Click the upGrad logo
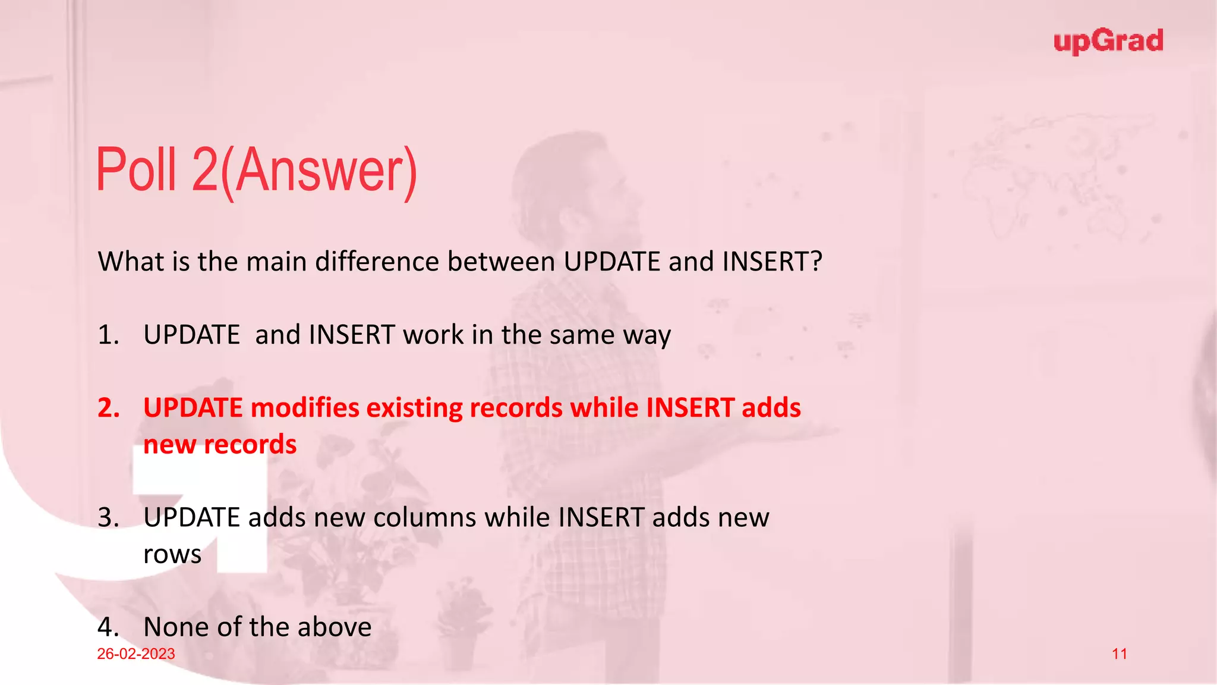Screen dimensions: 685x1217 tap(1108, 42)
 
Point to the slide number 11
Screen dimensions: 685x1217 tap(1120, 654)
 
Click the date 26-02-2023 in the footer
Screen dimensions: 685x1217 tap(136, 654)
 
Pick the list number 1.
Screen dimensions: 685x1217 tap(108, 335)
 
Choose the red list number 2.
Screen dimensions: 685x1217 tap(109, 408)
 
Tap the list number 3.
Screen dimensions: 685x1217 tap(108, 517)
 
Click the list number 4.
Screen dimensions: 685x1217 tap(108, 627)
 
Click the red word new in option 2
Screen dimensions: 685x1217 tap(169, 445)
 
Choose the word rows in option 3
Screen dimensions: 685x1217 tap(172, 555)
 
